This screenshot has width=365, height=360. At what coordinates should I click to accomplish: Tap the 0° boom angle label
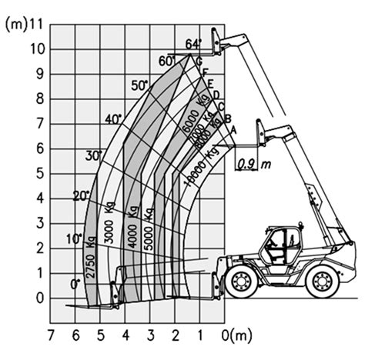[x=75, y=284]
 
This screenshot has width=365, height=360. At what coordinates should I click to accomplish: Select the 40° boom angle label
[x=114, y=118]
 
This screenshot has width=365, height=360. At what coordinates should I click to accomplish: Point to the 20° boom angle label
[x=81, y=195]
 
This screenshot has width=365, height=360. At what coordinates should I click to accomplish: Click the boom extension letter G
[x=199, y=62]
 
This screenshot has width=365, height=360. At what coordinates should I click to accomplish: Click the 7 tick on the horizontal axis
[x=51, y=335]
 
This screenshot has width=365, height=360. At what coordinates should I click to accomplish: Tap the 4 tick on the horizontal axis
[x=126, y=335]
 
